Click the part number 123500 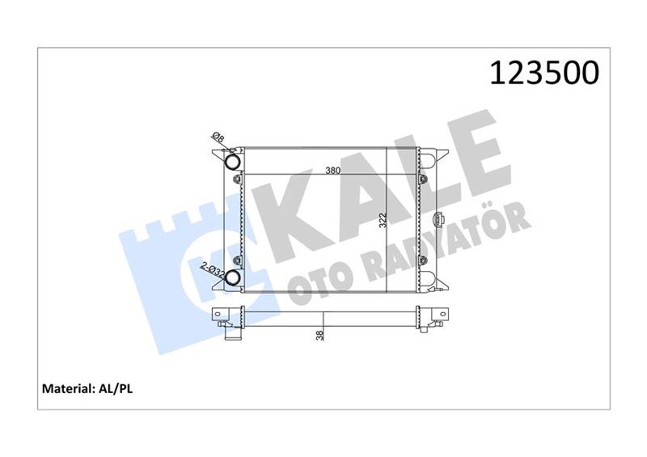[x=544, y=73]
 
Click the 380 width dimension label [x=332, y=170]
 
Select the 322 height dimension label [x=383, y=221]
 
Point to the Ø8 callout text [x=218, y=137]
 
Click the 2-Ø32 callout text [x=213, y=270]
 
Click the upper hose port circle [x=233, y=161]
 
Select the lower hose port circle [x=232, y=277]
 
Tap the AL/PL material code [x=115, y=388]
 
